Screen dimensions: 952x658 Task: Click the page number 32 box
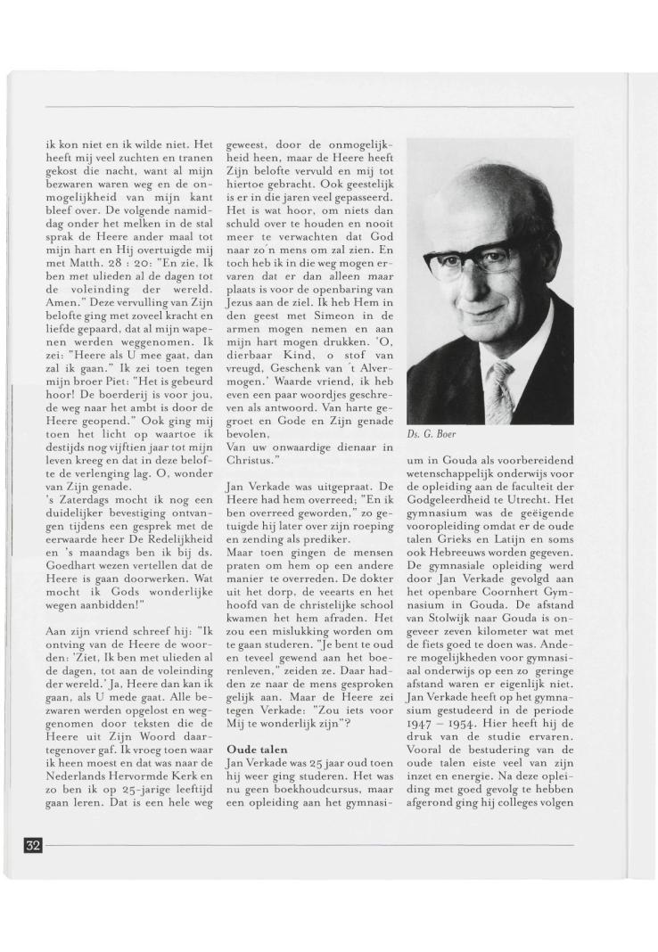coord(32,845)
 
